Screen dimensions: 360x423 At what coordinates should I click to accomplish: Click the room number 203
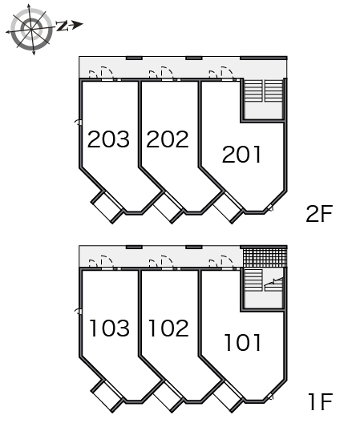[108, 139]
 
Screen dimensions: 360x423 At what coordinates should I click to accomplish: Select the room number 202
[168, 139]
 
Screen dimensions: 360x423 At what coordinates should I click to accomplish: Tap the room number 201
[241, 154]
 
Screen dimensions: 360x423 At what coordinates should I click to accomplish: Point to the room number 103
[109, 328]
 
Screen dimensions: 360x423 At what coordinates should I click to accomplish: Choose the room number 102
[168, 328]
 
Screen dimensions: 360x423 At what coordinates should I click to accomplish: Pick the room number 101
[243, 343]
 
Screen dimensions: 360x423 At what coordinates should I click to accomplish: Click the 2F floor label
[319, 213]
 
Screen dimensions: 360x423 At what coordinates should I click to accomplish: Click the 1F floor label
[320, 402]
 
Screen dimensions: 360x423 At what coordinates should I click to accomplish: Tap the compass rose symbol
[30, 29]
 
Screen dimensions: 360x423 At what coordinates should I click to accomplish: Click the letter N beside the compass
[62, 26]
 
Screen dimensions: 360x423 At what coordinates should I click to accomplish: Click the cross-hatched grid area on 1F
[265, 257]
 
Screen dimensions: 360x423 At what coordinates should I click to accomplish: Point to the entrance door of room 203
[107, 73]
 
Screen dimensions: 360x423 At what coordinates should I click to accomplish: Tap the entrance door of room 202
[167, 73]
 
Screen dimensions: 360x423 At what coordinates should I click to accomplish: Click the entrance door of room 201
[227, 73]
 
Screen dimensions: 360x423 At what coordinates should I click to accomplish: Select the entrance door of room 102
[167, 262]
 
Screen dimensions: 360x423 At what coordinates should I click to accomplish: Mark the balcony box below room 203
[107, 207]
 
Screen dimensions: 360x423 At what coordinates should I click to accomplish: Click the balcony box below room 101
[227, 396]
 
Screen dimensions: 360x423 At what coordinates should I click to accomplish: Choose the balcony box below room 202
[168, 207]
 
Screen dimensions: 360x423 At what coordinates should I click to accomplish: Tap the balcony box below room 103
[107, 396]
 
